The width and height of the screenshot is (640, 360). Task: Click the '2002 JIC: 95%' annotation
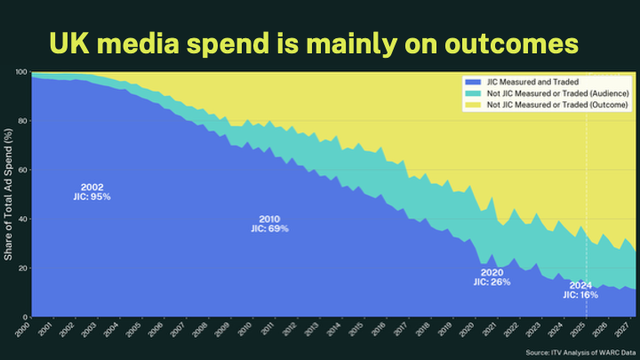click(92, 192)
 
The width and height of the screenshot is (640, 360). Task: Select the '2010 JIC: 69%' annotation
click(269, 223)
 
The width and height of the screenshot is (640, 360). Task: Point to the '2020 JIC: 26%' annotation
click(492, 277)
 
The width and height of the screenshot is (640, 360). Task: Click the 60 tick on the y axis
click(22, 170)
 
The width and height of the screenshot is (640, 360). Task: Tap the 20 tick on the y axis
click(22, 268)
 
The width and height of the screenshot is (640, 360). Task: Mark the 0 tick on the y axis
click(25, 317)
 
